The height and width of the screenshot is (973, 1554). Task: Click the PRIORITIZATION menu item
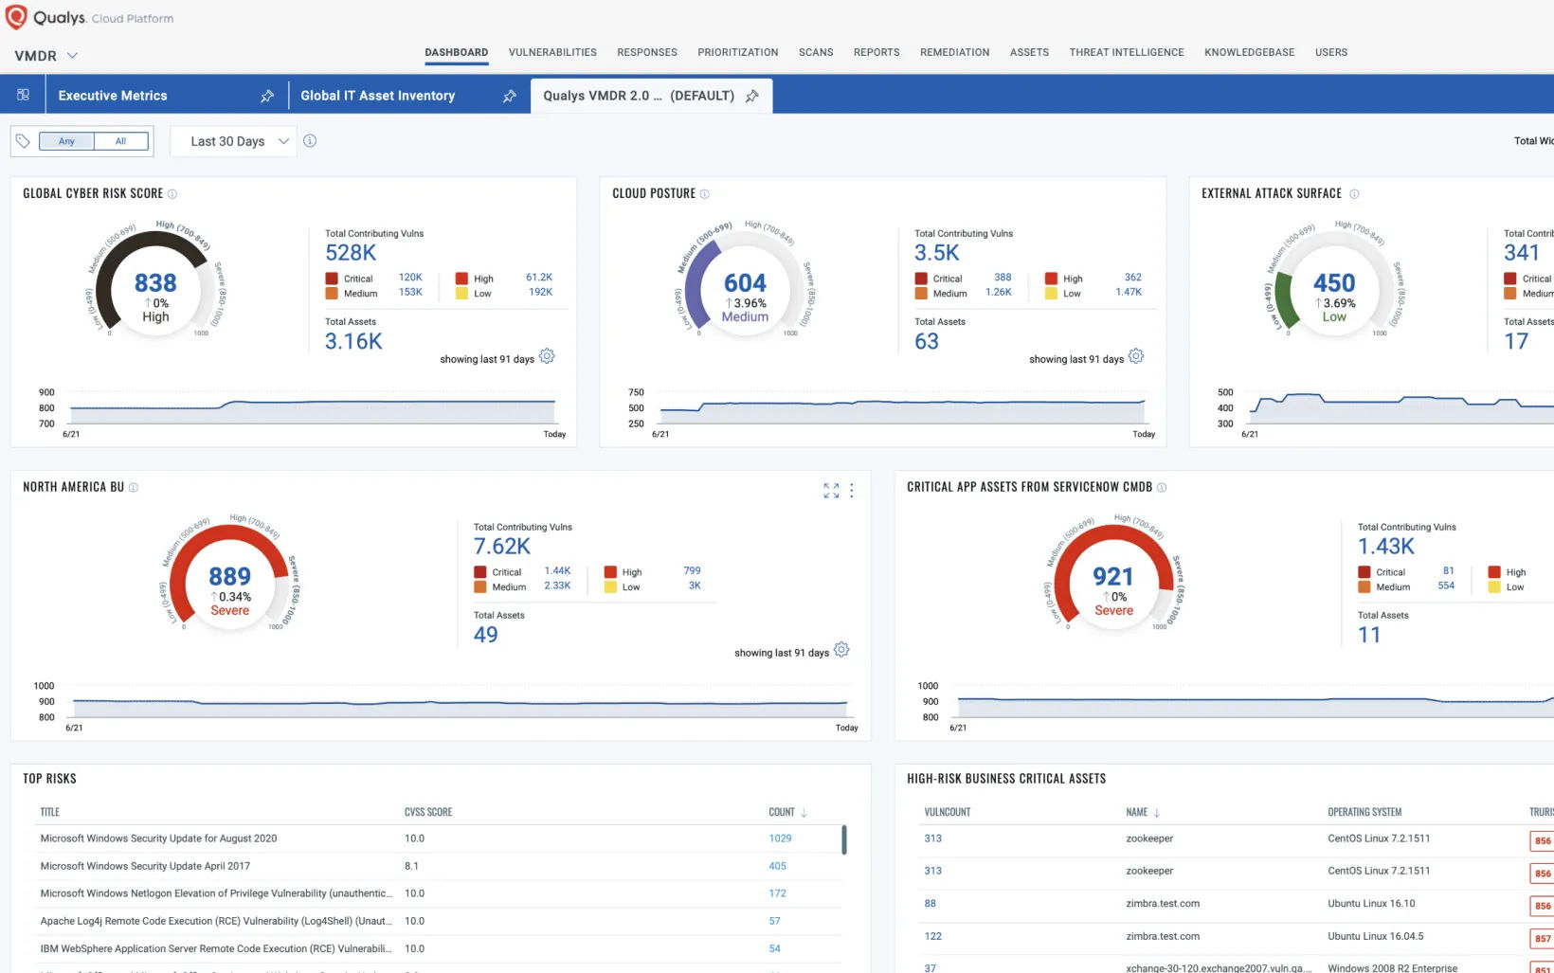point(737,52)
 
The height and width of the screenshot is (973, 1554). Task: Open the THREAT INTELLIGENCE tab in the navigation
point(1126,52)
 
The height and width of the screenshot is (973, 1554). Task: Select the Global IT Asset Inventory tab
point(377,96)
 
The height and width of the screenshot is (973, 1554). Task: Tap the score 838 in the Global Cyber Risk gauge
point(155,282)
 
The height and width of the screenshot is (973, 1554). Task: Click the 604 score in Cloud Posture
point(745,282)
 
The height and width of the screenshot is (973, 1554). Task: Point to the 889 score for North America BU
point(229,576)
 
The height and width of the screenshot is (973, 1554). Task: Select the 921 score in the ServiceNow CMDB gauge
point(1112,576)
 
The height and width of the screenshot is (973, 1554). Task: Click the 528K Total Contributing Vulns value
point(351,253)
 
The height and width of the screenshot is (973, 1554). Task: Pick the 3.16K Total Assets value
point(353,341)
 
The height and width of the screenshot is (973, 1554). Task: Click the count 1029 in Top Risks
point(780,838)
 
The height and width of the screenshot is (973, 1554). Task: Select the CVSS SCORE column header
point(428,812)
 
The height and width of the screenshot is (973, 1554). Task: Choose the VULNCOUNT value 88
point(931,904)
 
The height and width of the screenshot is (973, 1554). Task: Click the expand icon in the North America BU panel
point(831,490)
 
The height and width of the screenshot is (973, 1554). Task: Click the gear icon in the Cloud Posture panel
point(1136,356)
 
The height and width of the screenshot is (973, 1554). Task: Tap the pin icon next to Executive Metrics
point(267,96)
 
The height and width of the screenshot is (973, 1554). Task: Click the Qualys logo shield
point(16,17)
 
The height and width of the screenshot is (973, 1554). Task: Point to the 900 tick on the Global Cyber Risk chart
point(46,392)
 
